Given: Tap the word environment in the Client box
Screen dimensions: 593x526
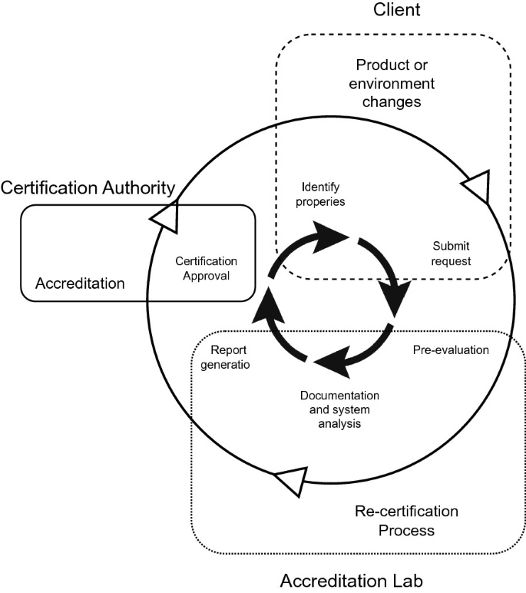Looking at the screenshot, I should [394, 83].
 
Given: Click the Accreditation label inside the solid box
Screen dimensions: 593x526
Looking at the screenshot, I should [80, 283].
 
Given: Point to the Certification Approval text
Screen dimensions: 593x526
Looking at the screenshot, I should [207, 268].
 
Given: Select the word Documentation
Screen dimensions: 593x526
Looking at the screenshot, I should [339, 395].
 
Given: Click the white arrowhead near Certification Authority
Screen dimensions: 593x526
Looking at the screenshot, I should [165, 216].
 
